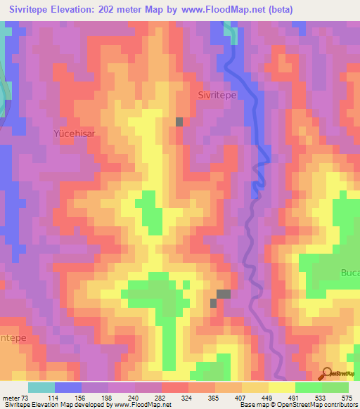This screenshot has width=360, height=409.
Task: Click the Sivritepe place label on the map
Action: click(217, 94)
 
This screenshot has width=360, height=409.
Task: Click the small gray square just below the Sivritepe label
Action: click(179, 122)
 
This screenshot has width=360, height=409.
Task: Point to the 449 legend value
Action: click(269, 397)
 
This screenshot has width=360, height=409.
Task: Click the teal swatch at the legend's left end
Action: click(41, 387)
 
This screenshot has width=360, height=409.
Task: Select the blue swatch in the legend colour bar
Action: click(67, 387)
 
